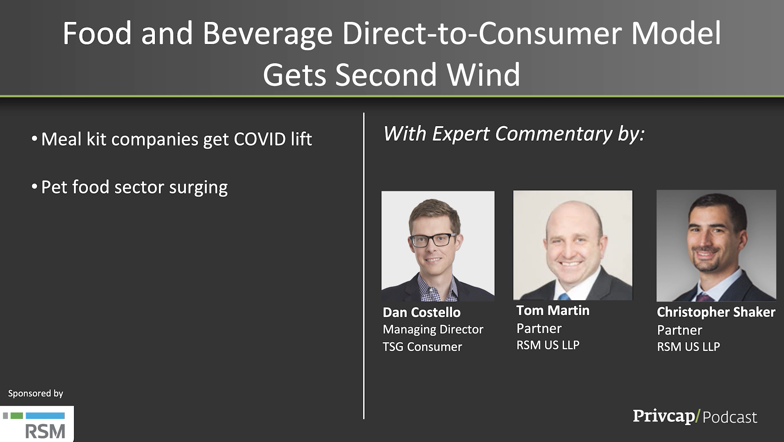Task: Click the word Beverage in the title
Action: click(x=268, y=34)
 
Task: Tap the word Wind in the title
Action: click(x=483, y=75)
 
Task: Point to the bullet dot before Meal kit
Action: click(x=34, y=138)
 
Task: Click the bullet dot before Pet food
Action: click(x=34, y=187)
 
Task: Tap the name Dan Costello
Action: click(x=421, y=312)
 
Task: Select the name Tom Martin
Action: click(x=553, y=310)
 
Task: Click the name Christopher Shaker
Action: click(x=716, y=312)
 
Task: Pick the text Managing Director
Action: click(x=433, y=330)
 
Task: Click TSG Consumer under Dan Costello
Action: click(x=422, y=347)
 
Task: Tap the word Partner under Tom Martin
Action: click(x=539, y=328)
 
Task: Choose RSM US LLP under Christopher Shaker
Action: click(x=688, y=347)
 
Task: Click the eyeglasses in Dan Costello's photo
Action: click(x=434, y=240)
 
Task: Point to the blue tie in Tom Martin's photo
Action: click(x=565, y=297)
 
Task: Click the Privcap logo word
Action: click(x=664, y=416)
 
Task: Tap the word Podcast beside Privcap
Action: click(x=730, y=417)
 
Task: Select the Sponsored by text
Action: click(x=36, y=394)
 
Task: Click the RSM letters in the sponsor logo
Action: click(x=45, y=431)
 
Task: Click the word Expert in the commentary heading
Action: click(x=461, y=134)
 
